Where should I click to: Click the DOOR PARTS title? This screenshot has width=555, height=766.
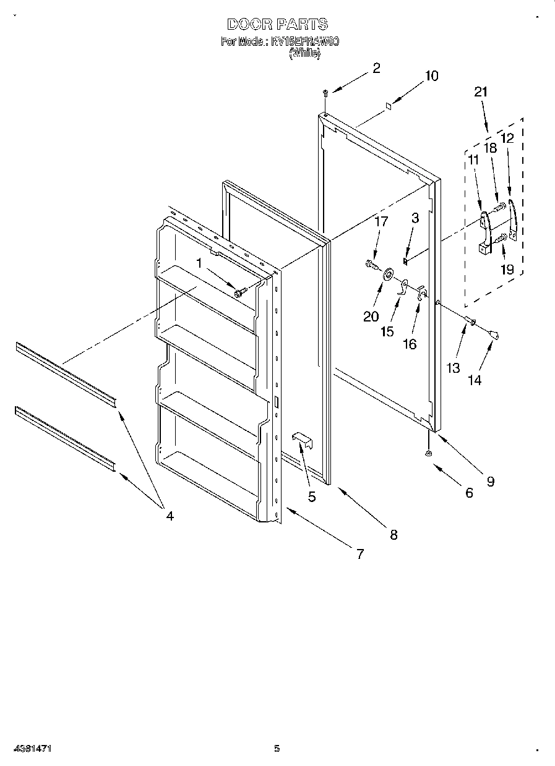(277, 25)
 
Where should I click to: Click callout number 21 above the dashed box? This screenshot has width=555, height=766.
(481, 91)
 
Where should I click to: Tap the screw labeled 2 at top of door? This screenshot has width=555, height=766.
(325, 93)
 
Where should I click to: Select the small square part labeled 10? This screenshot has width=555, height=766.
(387, 106)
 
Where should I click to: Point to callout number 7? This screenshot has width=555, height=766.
(359, 554)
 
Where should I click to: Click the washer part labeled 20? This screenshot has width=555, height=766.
(389, 273)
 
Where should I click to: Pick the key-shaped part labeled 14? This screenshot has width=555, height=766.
(494, 334)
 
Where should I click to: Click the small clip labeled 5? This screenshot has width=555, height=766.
(301, 439)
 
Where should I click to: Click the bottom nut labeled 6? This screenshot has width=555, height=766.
(428, 454)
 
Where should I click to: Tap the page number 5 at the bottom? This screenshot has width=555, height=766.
(277, 749)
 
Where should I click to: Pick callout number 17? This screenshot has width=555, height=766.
(381, 221)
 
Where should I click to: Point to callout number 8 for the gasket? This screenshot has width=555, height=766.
(393, 535)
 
